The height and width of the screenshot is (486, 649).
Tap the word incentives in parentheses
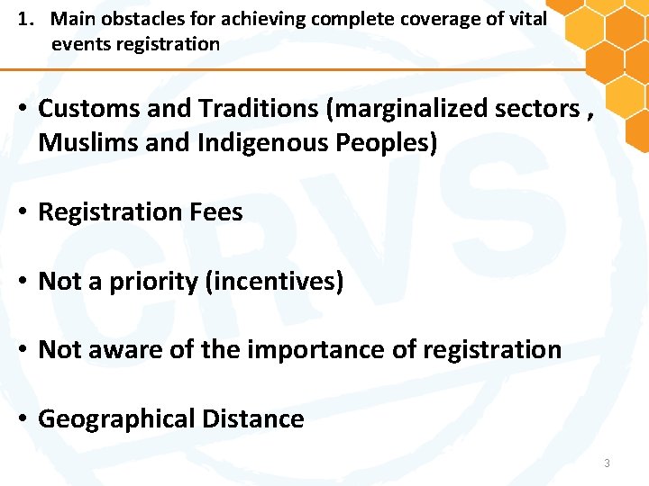(275, 282)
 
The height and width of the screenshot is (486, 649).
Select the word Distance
(253, 419)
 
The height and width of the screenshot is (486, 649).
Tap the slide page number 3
(607, 463)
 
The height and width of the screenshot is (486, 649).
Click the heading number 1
(23, 18)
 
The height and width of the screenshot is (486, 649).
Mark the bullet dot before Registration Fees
(23, 213)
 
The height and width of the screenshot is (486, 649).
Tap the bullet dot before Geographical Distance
(23, 419)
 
